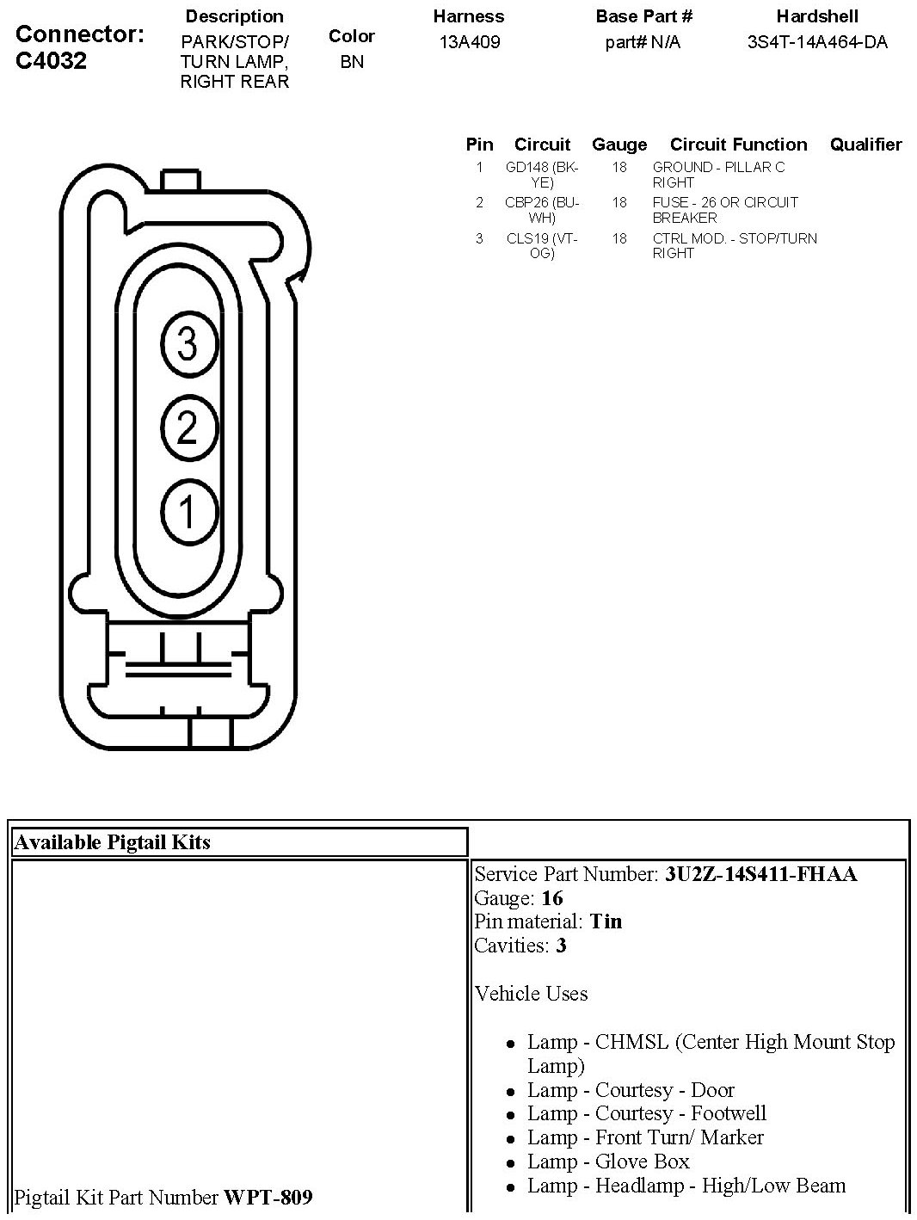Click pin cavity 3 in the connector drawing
188,344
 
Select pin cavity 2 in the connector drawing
188,428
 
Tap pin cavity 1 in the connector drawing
188,512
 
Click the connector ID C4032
52,61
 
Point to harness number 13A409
469,42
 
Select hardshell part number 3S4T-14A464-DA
816,42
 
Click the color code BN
352,62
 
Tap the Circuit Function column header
738,145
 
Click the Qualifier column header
865,145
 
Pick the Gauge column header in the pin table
619,145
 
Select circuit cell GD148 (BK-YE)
542,175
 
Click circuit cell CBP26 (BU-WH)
542,210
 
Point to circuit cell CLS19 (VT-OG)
542,246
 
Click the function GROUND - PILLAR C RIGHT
718,175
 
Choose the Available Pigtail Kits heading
112,842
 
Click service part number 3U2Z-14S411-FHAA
760,874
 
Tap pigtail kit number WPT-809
268,1197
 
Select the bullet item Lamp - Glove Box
608,1161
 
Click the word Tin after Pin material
606,921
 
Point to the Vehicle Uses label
531,994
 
